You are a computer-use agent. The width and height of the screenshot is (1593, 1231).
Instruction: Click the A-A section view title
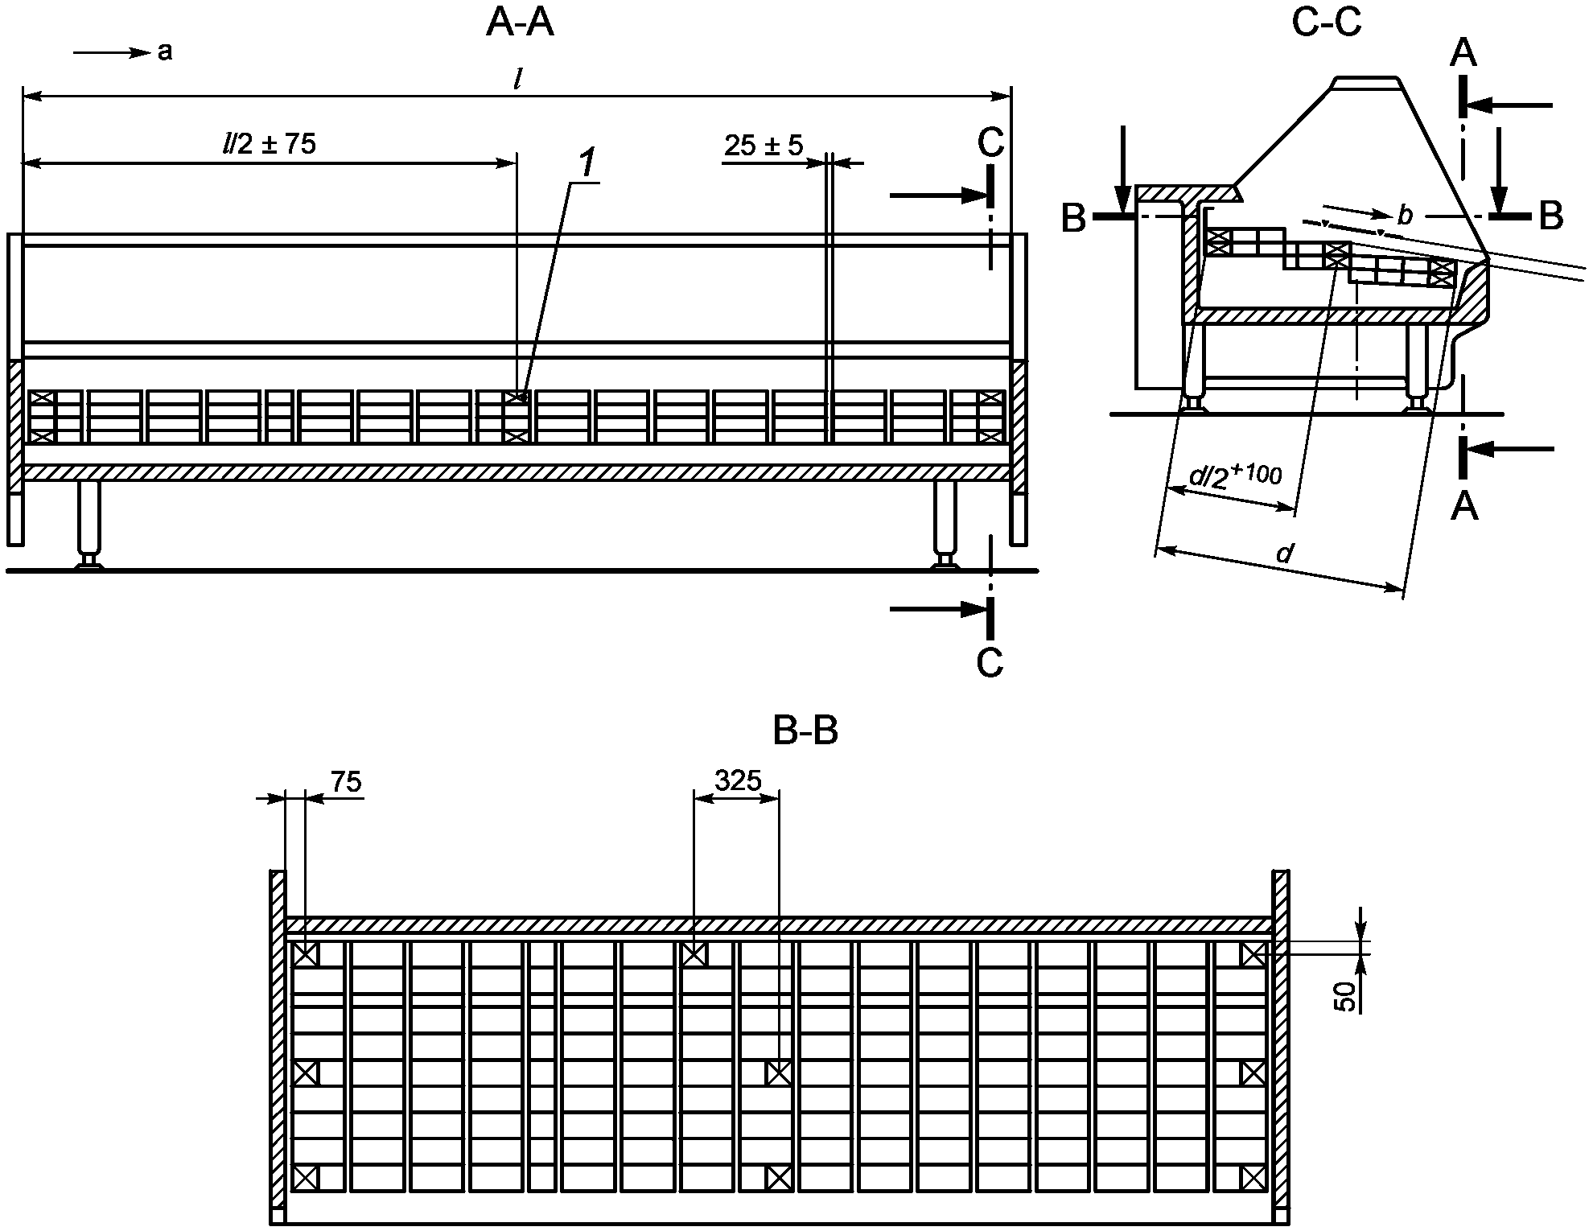point(520,23)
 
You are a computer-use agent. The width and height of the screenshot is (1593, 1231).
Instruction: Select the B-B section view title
point(805,731)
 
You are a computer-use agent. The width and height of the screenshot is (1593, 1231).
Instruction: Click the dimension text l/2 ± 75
point(269,143)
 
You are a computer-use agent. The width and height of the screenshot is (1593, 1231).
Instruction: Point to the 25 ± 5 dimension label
point(764,146)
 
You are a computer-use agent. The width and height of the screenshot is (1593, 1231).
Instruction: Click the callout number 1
point(587,164)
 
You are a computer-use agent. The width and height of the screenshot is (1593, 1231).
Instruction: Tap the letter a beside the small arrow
point(165,52)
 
